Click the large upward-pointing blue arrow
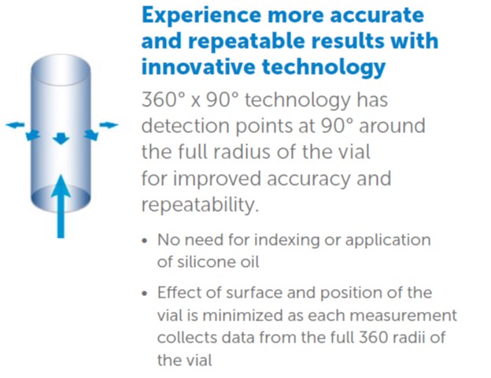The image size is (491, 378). [x=61, y=207]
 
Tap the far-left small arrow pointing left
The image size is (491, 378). [x=15, y=125]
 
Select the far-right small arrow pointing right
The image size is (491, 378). [x=109, y=124]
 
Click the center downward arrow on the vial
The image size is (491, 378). [x=61, y=139]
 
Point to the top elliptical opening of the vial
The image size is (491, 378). [x=61, y=69]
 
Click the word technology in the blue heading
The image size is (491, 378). [x=323, y=68]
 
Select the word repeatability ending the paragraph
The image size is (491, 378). [x=201, y=205]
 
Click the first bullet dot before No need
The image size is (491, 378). [x=144, y=241]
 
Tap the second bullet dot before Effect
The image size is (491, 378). [x=144, y=294]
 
